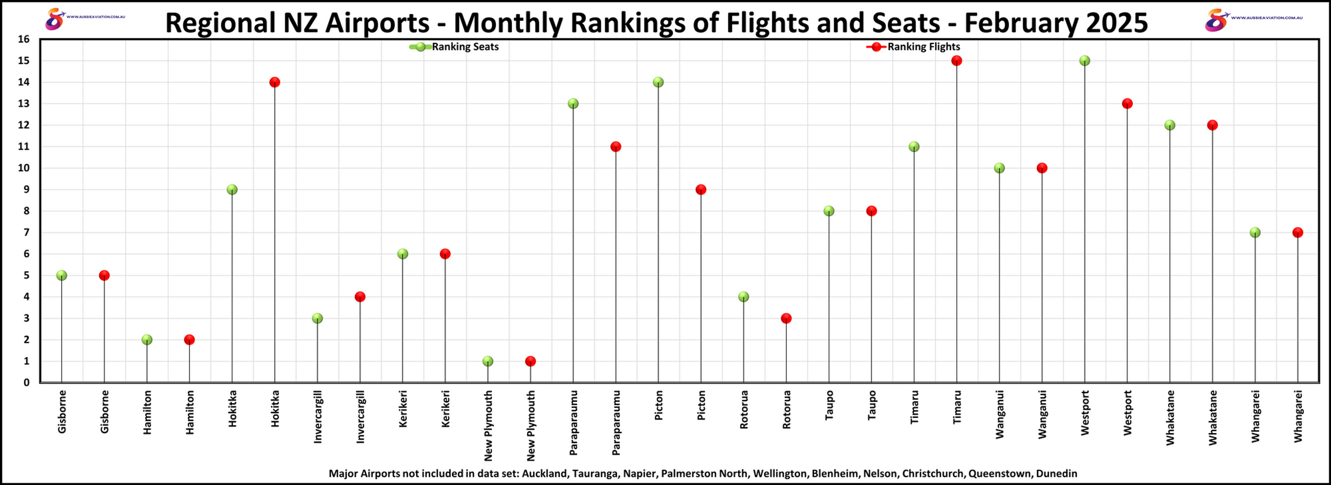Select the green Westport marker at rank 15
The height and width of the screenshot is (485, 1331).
1085,60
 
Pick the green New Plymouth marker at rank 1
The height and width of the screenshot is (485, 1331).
488,361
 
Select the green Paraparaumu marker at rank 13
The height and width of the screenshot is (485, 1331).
573,103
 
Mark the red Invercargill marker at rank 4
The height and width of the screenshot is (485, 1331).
360,297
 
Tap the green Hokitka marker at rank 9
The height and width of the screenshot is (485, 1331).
232,189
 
